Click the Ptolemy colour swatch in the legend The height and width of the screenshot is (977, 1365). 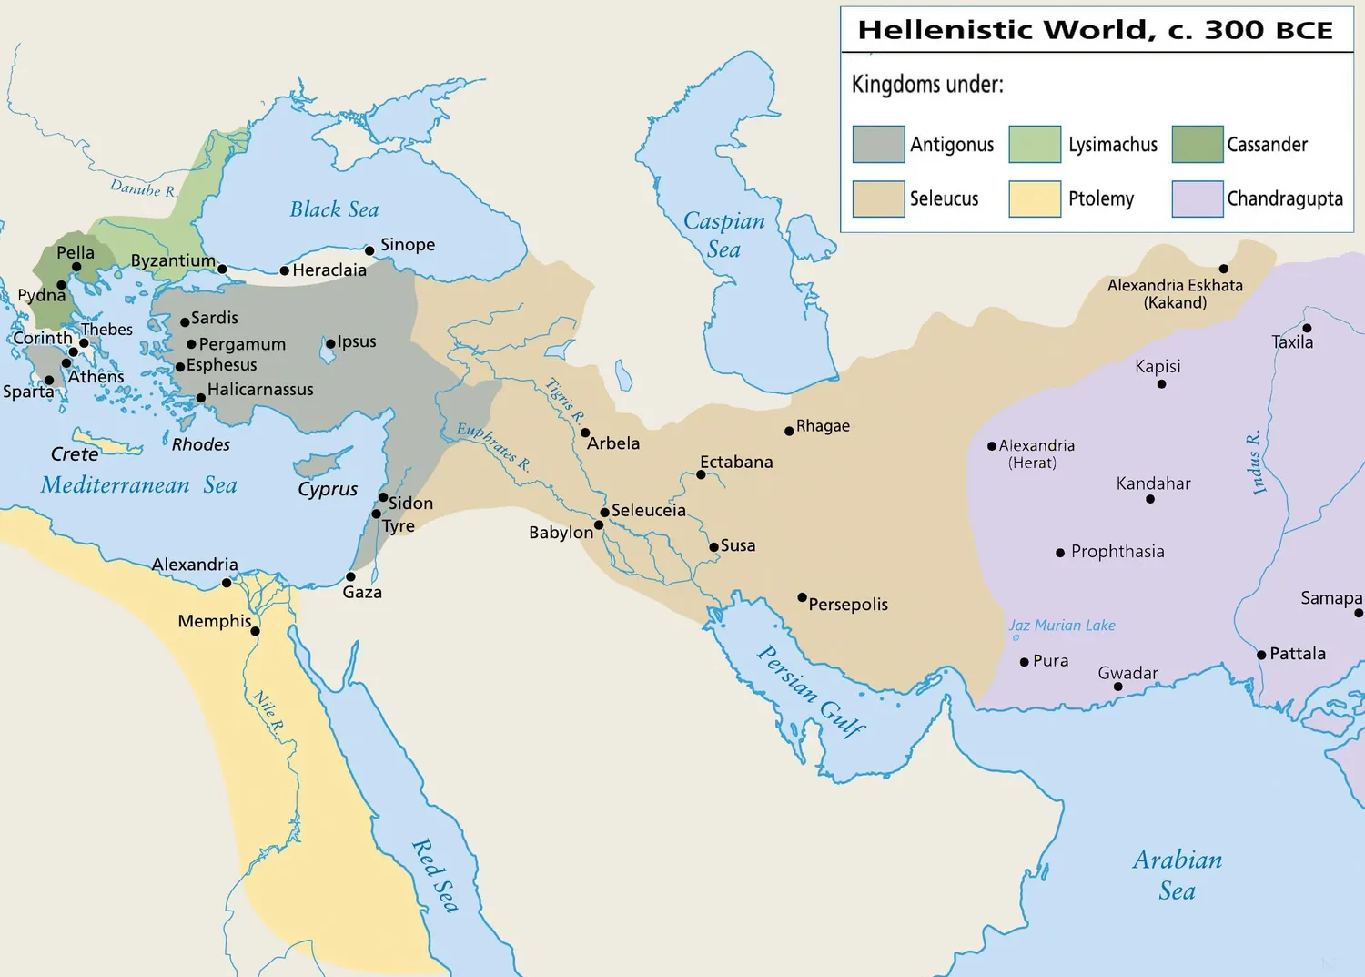coord(1035,198)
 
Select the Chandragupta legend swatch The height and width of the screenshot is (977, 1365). coord(1198,198)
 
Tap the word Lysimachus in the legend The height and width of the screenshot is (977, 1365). coord(1112,145)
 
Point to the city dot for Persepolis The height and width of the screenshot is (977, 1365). coord(802,597)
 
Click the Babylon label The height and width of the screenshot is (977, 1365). coord(561,533)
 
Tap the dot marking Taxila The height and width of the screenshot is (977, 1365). coord(1307,328)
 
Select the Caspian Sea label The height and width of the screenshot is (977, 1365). coord(724,235)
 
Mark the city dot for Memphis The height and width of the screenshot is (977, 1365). coord(256,631)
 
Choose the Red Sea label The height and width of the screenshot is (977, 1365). coord(436,875)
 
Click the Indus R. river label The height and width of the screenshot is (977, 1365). coord(1257,463)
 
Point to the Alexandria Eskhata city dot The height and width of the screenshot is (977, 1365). coord(1224,269)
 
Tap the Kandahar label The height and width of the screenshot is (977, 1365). coord(1153,483)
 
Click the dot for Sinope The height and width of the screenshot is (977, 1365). coord(369,250)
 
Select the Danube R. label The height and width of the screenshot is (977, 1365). coord(143,188)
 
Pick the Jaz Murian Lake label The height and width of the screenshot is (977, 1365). coord(1061,626)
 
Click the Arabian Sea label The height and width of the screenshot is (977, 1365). coord(1177,875)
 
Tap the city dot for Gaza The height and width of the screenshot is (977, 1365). coord(350,576)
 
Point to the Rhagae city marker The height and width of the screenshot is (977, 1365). coord(789,431)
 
